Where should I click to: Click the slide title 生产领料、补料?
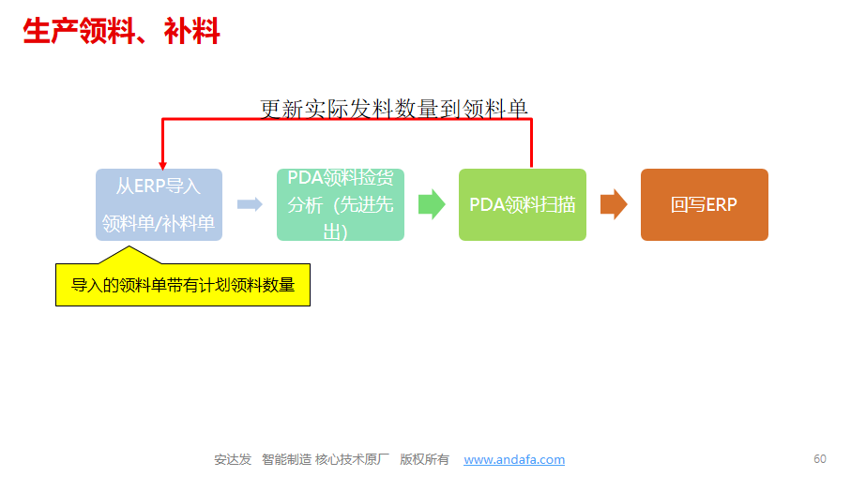tap(121, 33)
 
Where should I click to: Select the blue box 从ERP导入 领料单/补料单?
tap(159, 204)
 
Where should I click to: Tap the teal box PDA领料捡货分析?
tap(340, 204)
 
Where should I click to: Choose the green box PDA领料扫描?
tap(522, 204)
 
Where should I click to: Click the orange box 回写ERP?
tap(704, 204)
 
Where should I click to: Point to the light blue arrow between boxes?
tap(250, 204)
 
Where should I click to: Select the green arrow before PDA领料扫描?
tap(431, 204)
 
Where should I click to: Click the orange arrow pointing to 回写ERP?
tap(614, 204)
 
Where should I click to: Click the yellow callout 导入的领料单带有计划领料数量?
tap(183, 285)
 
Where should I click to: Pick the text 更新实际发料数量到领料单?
tap(394, 109)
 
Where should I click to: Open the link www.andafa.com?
tap(514, 460)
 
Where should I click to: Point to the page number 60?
tap(820, 459)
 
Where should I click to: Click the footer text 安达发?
tap(233, 460)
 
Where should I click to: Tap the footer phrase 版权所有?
tap(424, 460)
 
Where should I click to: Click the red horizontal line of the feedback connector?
tap(347, 120)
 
